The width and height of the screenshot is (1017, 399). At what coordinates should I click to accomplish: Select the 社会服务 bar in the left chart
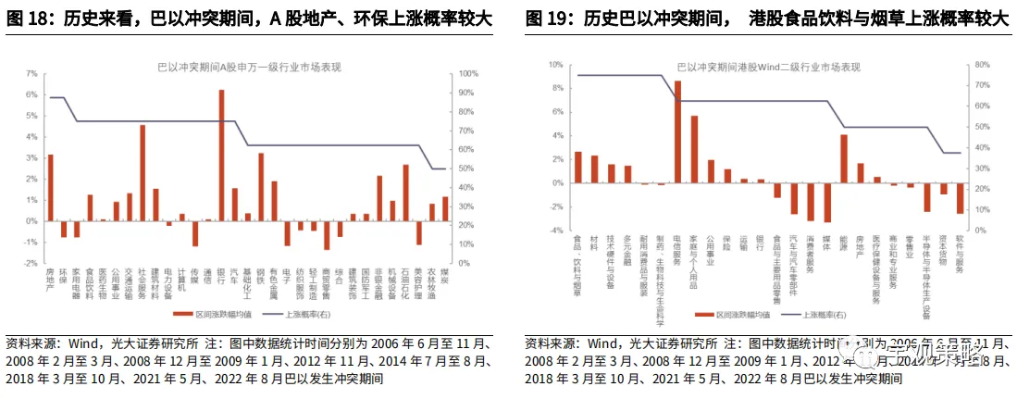[x=143, y=173]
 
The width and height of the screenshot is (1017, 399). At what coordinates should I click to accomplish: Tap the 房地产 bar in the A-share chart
[x=50, y=188]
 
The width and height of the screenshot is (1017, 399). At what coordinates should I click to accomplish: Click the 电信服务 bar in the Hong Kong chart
[x=677, y=131]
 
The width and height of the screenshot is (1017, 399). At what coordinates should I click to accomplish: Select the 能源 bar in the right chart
[x=844, y=158]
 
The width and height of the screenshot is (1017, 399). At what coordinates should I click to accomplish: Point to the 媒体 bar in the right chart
[x=827, y=202]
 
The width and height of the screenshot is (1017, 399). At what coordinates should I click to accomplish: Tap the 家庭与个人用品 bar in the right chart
[x=694, y=149]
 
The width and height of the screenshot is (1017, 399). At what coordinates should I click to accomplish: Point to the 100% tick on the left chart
[x=469, y=73]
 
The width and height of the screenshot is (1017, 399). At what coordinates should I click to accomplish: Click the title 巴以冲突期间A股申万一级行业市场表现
[x=248, y=66]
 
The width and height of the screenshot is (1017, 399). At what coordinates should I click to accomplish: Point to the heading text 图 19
[x=547, y=19]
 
